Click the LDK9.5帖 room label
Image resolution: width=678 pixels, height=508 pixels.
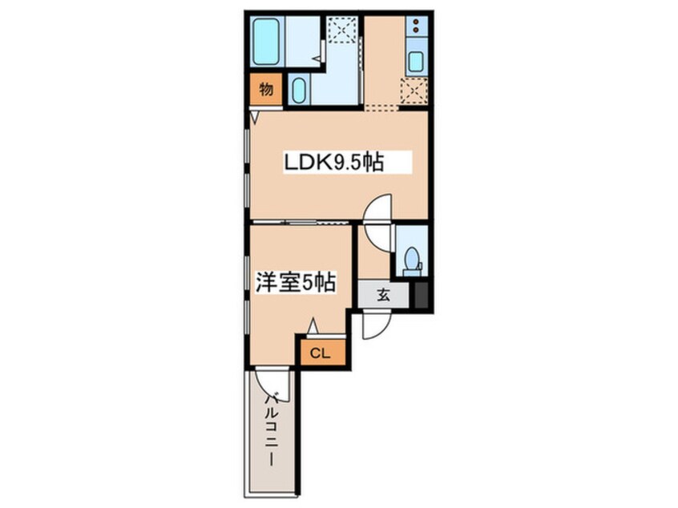tap(334, 162)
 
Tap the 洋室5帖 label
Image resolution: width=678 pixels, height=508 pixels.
tap(296, 282)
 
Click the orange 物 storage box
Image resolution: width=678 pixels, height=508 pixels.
tap(266, 90)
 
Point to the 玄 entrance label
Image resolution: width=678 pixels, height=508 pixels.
tap(384, 296)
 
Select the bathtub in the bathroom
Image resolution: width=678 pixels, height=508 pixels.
tap(265, 42)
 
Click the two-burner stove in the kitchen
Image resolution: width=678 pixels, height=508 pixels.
tap(417, 26)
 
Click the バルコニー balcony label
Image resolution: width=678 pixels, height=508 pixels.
tap(272, 429)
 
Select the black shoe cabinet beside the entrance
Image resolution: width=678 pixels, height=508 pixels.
tap(422, 295)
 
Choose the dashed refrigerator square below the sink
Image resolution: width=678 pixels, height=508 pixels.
tap(414, 91)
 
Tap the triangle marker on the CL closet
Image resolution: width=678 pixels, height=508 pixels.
tap(313, 325)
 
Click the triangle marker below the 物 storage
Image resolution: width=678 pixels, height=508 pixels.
tap(254, 117)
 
